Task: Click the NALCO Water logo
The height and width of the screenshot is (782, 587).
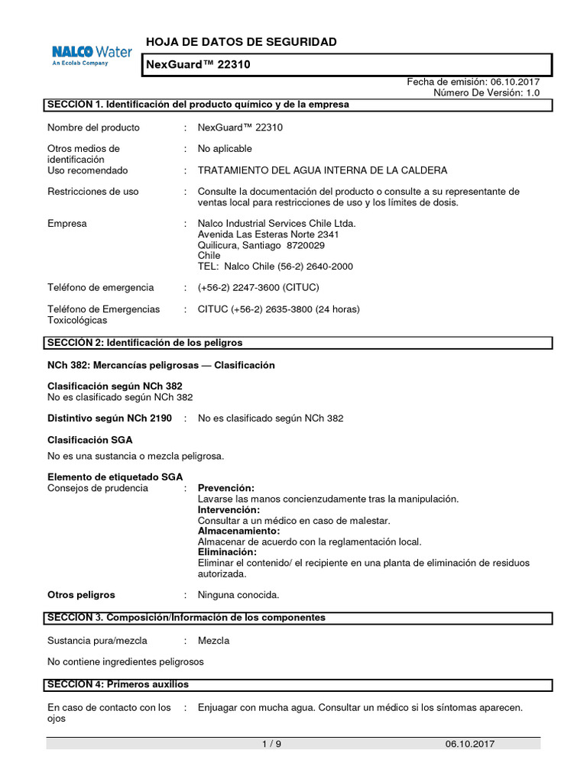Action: point(91,55)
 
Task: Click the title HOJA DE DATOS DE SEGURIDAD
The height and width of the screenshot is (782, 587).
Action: point(240,42)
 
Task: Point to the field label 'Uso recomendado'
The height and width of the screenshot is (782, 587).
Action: point(88,170)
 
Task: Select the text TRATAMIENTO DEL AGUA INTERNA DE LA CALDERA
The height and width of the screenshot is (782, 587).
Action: point(323,170)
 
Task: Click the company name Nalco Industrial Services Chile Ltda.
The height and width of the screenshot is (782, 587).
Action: point(277,224)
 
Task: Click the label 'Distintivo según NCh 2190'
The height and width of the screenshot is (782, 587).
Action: point(109,418)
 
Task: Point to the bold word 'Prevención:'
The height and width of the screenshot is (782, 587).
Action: point(226,488)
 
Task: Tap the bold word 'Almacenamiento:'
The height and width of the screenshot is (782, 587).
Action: point(238,531)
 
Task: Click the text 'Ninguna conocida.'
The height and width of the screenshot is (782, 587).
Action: point(238,595)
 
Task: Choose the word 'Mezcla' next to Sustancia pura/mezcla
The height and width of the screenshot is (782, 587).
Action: point(213,641)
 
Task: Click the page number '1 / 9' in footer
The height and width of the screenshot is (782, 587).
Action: point(272,745)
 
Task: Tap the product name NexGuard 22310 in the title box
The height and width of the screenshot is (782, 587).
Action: point(198,66)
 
